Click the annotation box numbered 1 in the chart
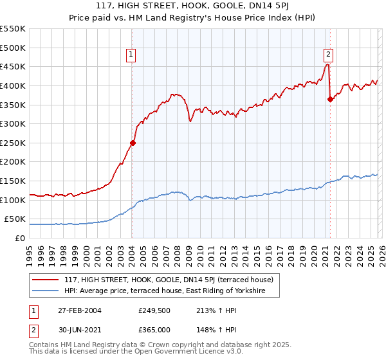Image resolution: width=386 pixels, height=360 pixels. [131, 55]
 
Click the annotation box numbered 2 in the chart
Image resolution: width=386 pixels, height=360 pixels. [328, 55]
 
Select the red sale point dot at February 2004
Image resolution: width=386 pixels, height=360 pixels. [133, 143]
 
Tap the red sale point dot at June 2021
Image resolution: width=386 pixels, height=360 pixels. [330, 99]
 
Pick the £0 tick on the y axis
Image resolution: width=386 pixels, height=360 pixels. [19, 238]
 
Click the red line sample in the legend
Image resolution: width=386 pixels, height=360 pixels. [46, 280]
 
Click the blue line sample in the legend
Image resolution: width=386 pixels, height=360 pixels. [46, 291]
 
